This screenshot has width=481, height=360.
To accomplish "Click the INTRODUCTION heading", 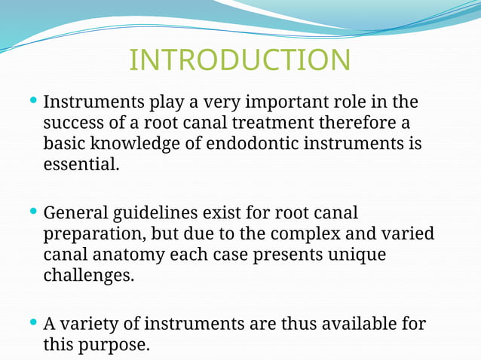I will point(240,60).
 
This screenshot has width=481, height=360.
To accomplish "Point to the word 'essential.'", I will point(81,163).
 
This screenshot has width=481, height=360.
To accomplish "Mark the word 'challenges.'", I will point(88,276).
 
